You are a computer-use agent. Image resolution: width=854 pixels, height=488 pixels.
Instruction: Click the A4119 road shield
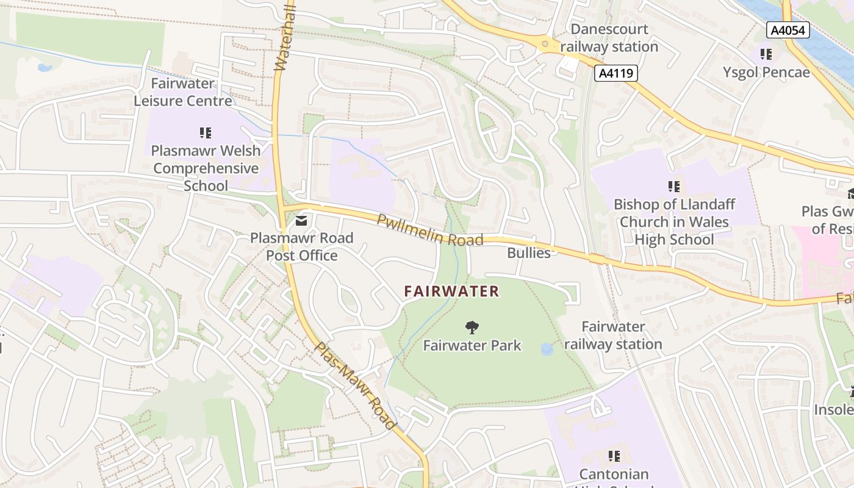coord(616,74)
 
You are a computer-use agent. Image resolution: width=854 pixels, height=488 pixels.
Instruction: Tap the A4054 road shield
coord(788,30)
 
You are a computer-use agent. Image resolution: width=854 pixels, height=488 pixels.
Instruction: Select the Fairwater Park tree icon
coord(472,328)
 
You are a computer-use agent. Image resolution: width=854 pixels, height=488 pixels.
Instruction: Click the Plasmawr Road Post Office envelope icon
coord(301,220)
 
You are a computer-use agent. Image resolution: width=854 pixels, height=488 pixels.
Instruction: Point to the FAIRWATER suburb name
coord(451,292)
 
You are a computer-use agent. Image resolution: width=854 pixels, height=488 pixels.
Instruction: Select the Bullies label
coord(529,253)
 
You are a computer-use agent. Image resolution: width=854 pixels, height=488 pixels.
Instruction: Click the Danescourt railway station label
coord(609,38)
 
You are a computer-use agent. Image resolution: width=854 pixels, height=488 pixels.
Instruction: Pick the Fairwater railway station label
coord(613,335)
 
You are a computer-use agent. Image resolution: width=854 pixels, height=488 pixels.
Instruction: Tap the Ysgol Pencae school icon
coord(767,54)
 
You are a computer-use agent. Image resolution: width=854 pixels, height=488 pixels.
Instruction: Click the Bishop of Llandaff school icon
coord(674,186)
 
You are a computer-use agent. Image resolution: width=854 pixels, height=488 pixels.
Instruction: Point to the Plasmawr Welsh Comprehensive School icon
coord(206,132)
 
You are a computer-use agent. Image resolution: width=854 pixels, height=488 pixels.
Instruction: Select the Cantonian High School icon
coord(614,456)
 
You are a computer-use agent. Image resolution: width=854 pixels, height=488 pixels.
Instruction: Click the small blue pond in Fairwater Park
coord(547,349)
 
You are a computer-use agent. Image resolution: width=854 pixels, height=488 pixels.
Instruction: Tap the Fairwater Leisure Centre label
coord(183,92)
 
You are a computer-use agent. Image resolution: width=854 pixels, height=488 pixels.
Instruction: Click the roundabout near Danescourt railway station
coord(544,43)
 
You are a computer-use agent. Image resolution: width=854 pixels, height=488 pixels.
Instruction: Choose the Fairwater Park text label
coord(472,345)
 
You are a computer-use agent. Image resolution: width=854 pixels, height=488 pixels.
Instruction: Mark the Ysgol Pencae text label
coord(766,72)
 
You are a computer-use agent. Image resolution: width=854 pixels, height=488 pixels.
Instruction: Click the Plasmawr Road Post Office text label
coord(301,246)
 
